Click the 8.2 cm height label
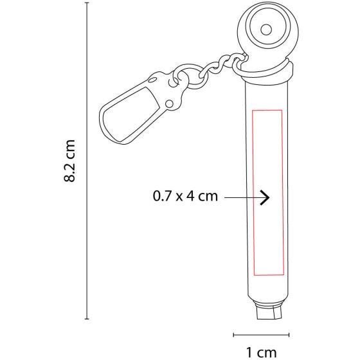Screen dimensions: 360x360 point(69,161)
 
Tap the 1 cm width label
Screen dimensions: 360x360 point(261,352)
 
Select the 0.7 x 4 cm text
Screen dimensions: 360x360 point(185,196)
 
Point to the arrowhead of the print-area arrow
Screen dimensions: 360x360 point(265,197)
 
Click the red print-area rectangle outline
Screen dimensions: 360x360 point(253,193)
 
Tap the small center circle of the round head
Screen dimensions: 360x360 point(266,30)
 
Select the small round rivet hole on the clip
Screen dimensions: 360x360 point(170,104)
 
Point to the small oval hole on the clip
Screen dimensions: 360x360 point(152,80)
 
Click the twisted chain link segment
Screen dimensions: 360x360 point(223,62)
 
